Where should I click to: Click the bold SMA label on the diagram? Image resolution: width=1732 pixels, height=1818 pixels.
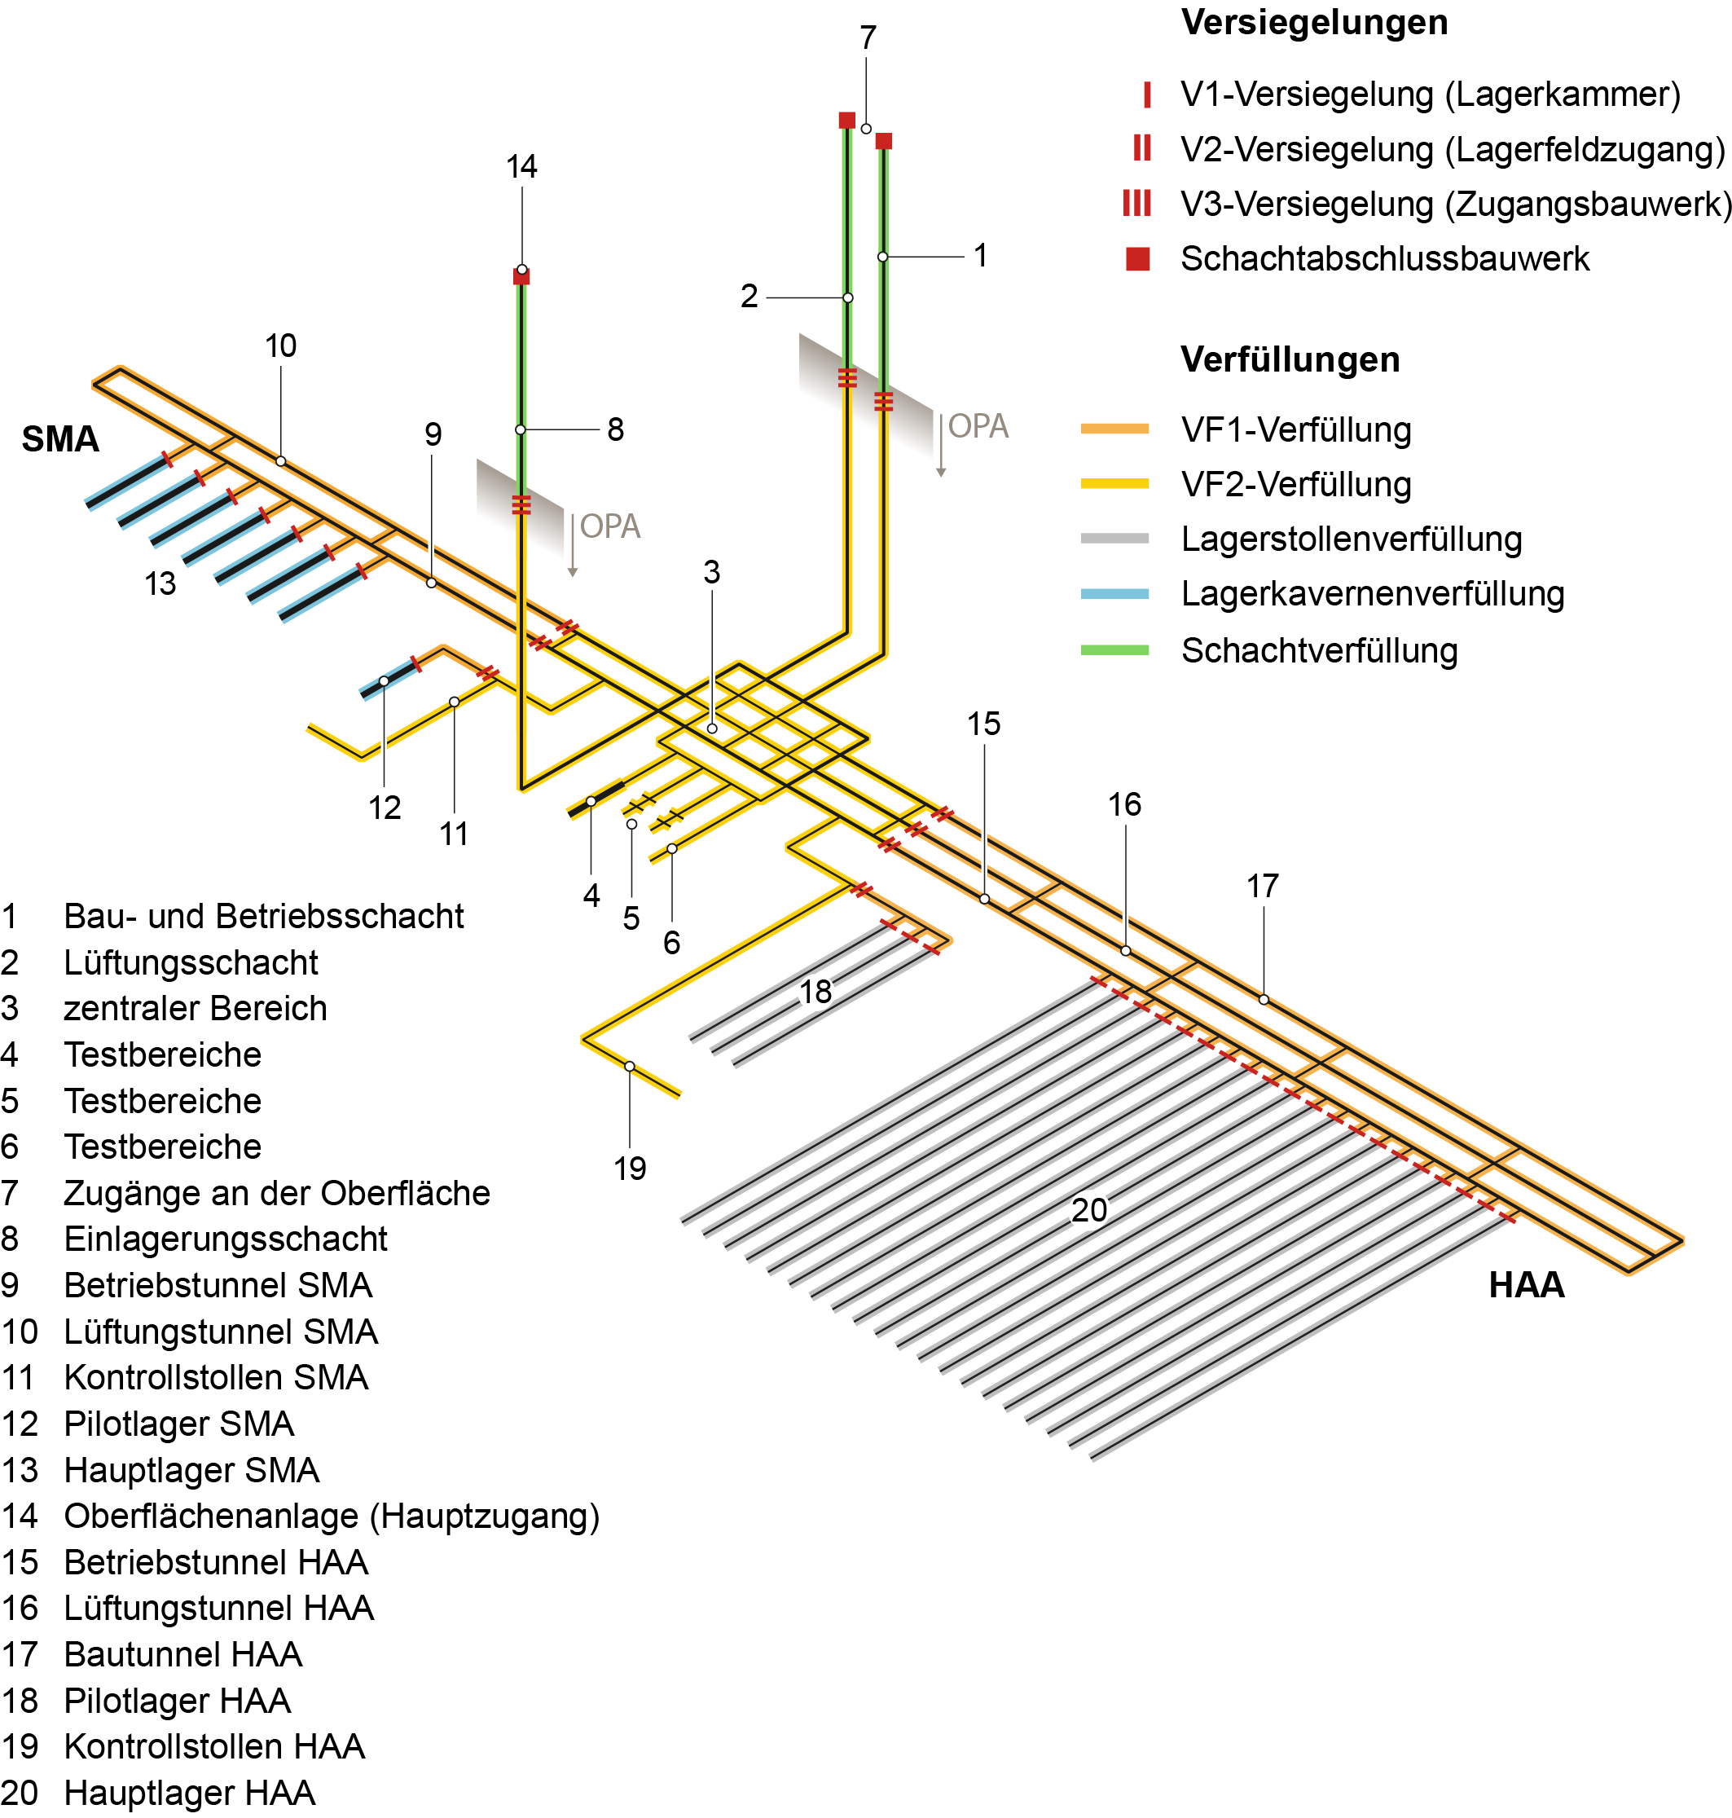[x=60, y=438]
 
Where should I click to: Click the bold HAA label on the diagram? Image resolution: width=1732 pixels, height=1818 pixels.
[x=1526, y=1284]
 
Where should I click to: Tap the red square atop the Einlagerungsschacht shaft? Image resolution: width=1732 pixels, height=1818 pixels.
[x=521, y=276]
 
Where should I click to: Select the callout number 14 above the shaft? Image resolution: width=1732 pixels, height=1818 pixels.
[x=521, y=166]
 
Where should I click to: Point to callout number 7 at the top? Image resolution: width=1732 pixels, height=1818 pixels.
[x=867, y=37]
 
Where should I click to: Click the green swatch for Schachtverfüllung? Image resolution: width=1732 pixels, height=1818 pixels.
[x=1114, y=650]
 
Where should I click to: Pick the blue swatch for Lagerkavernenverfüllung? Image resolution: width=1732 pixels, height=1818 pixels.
[x=1114, y=594]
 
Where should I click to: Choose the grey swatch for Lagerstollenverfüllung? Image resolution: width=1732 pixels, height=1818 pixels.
[x=1114, y=539]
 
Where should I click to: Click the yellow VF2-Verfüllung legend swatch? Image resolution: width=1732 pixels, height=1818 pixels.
[x=1114, y=483]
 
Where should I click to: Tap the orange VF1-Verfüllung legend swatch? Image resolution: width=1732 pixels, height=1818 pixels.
[x=1114, y=429]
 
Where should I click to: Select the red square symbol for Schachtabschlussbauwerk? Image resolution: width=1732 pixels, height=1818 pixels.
[x=1137, y=258]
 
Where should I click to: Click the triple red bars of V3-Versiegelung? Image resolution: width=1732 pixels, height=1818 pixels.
[x=1136, y=203]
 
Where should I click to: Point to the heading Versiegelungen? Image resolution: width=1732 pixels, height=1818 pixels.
[x=1314, y=22]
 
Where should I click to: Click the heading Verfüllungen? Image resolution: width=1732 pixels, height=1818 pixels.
[x=1290, y=359]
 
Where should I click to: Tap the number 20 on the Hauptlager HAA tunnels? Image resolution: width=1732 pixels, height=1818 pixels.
[x=1088, y=1209]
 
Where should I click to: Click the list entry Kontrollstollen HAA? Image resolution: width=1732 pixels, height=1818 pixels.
[x=214, y=1746]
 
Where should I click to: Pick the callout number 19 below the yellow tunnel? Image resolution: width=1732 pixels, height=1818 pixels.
[x=630, y=1168]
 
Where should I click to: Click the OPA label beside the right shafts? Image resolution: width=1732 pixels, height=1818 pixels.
[x=978, y=425]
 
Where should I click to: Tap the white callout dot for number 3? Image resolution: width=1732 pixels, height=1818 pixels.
[x=712, y=729]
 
